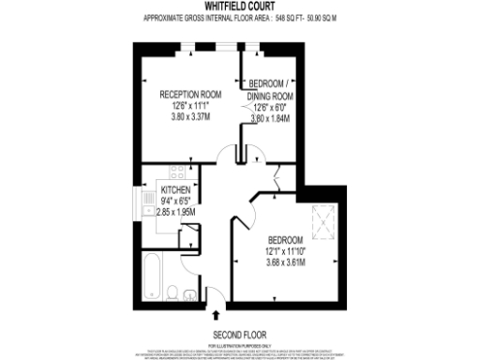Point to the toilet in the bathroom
[x=175, y=292]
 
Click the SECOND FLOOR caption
[x=240, y=334]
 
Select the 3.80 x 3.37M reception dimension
[x=189, y=117]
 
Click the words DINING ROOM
[x=270, y=97]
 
